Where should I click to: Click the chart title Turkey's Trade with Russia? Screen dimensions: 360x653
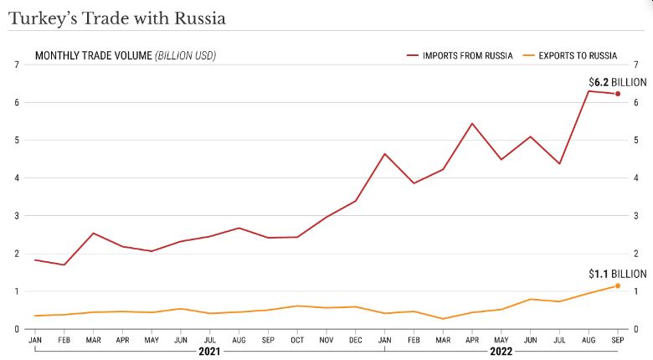(116, 17)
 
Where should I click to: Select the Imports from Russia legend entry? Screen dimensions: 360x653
(466, 55)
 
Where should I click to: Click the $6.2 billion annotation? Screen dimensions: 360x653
(618, 82)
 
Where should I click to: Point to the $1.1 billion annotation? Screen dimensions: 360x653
(618, 274)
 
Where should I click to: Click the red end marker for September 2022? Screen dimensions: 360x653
(618, 94)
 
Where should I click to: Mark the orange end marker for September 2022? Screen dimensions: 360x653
(618, 286)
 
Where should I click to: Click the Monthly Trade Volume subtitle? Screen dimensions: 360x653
(125, 55)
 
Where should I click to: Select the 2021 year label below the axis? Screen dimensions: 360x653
(209, 352)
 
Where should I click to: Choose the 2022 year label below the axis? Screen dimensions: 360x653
(501, 352)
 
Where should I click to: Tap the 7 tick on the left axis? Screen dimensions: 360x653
(17, 64)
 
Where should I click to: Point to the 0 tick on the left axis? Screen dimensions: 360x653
(17, 330)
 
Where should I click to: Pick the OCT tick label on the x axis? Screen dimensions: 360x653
(297, 341)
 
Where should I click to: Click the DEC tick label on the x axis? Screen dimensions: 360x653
(355, 341)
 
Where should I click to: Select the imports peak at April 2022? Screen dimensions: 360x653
(472, 124)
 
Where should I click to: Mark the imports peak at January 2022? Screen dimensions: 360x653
(384, 154)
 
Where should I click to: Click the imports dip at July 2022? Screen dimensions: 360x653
(559, 163)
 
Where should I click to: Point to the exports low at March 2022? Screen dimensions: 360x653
(443, 319)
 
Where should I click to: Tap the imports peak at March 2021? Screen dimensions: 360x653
(93, 233)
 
